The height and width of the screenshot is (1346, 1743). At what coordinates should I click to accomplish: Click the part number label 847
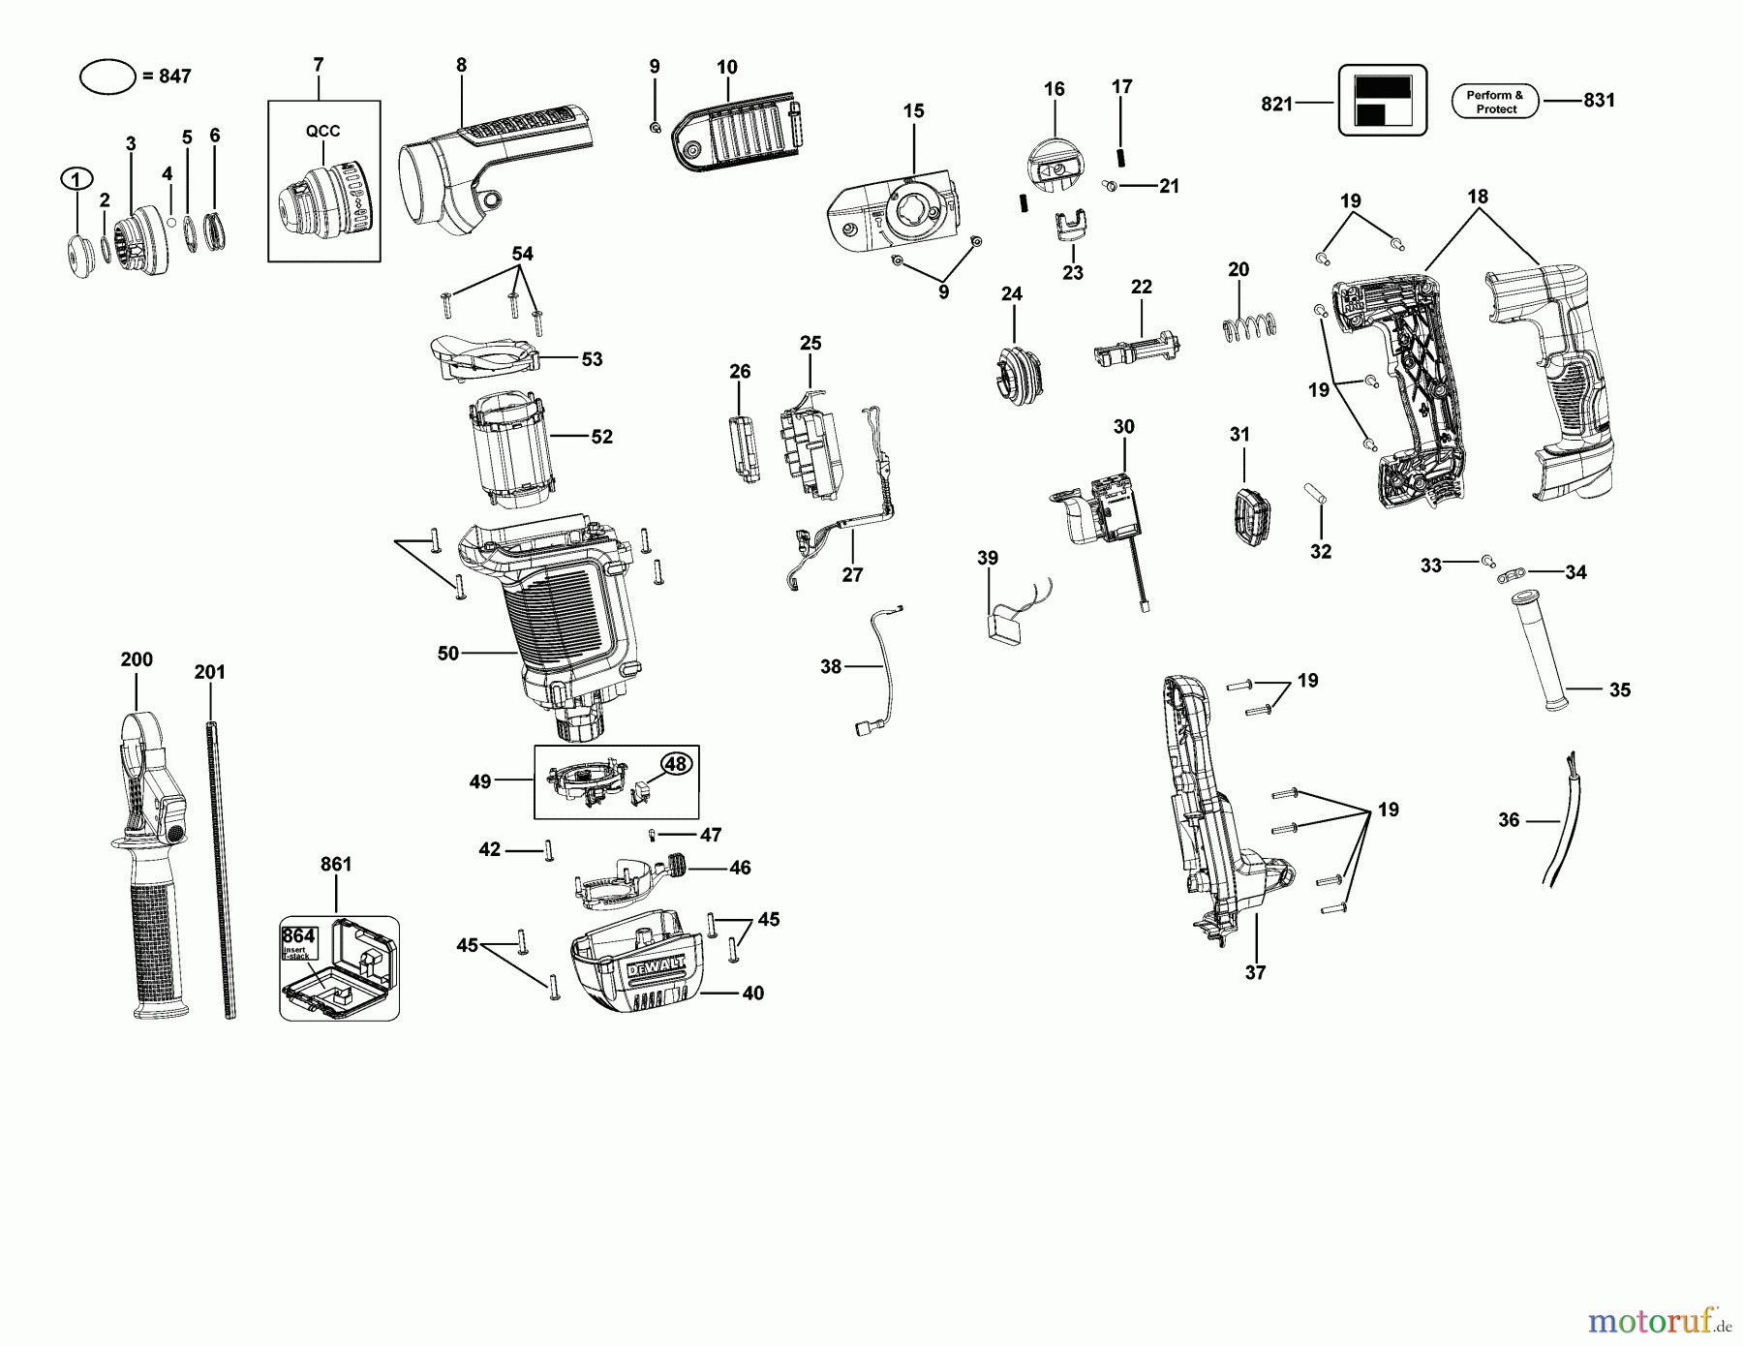tap(174, 76)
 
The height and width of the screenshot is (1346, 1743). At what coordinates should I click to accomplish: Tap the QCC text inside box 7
tap(323, 132)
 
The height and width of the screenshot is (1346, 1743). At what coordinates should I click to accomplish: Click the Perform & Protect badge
tap(1495, 102)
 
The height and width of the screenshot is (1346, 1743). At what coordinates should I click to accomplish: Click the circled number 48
tap(675, 764)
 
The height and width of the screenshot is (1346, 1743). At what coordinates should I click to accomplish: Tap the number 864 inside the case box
tap(298, 936)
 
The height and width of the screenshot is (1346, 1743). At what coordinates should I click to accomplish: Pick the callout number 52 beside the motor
tap(601, 437)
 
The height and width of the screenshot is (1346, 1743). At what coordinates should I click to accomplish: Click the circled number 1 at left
tap(76, 178)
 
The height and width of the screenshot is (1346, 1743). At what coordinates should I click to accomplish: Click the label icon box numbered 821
tap(1382, 101)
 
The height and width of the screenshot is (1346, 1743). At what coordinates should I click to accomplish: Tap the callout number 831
tap(1599, 100)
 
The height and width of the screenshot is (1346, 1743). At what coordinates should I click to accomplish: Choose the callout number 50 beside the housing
tap(447, 654)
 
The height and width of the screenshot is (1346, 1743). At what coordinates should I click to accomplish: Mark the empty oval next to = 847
tap(107, 76)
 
